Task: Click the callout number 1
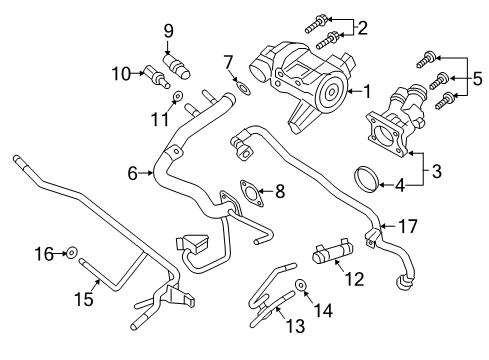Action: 367,91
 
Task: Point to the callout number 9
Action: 168,30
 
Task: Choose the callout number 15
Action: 87,298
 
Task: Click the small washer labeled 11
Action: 177,98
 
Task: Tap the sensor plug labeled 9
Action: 181,68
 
